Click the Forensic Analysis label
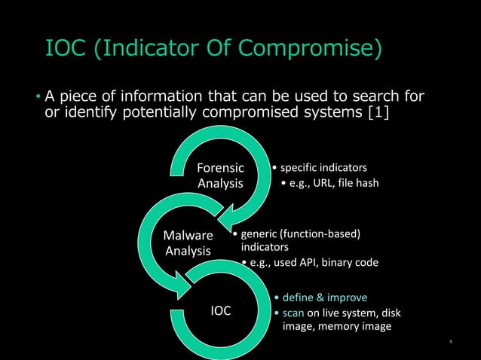[x=220, y=176]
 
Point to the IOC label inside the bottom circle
[x=220, y=310]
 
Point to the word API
[x=320, y=263]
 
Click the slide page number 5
[x=450, y=343]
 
